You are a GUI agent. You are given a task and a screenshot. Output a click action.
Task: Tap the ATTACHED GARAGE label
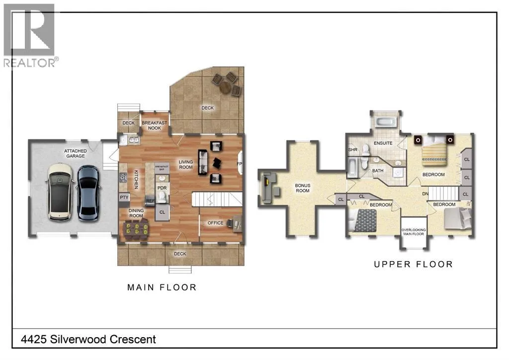76,153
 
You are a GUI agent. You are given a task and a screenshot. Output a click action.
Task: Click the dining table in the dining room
136,227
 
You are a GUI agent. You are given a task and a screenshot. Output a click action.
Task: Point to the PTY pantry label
124,197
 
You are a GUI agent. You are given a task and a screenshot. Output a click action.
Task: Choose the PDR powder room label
162,187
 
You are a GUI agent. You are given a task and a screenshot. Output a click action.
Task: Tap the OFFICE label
215,223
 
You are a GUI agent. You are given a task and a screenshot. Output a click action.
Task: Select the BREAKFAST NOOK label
154,125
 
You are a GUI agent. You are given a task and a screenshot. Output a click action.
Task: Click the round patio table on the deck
225,87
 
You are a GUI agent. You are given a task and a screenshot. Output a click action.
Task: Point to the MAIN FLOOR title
162,287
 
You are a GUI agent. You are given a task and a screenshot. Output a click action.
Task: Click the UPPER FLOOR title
413,264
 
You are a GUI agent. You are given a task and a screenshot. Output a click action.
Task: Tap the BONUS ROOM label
302,188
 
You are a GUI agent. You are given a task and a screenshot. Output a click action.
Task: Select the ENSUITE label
383,143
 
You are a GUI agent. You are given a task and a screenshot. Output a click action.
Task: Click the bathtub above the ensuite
385,122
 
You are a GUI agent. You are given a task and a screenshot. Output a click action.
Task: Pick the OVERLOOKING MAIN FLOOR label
413,232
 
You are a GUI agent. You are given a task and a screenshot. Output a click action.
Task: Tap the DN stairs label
425,194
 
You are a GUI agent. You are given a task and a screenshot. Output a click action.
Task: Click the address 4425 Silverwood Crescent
88,339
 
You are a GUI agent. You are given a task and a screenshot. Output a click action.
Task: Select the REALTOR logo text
29,63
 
